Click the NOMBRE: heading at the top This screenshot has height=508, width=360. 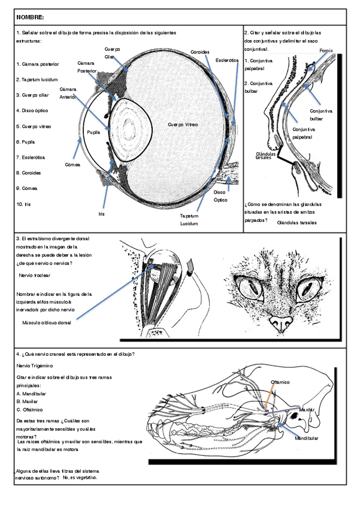[31, 18]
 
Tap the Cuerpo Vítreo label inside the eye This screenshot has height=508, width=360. [183, 124]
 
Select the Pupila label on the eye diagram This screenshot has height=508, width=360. [92, 132]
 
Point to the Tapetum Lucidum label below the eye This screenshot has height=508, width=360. [189, 219]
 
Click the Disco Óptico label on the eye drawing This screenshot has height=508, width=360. [220, 196]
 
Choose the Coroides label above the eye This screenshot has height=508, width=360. [200, 52]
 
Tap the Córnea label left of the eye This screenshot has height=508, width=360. [72, 164]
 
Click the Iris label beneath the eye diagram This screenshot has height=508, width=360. [101, 213]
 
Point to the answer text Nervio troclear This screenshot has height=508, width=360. [35, 275]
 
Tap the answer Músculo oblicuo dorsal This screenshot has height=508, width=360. [46, 323]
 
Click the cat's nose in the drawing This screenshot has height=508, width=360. [280, 323]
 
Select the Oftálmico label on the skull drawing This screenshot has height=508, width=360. [280, 382]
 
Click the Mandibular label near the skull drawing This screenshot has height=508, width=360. [305, 439]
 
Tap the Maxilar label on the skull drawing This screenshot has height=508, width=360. [306, 410]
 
